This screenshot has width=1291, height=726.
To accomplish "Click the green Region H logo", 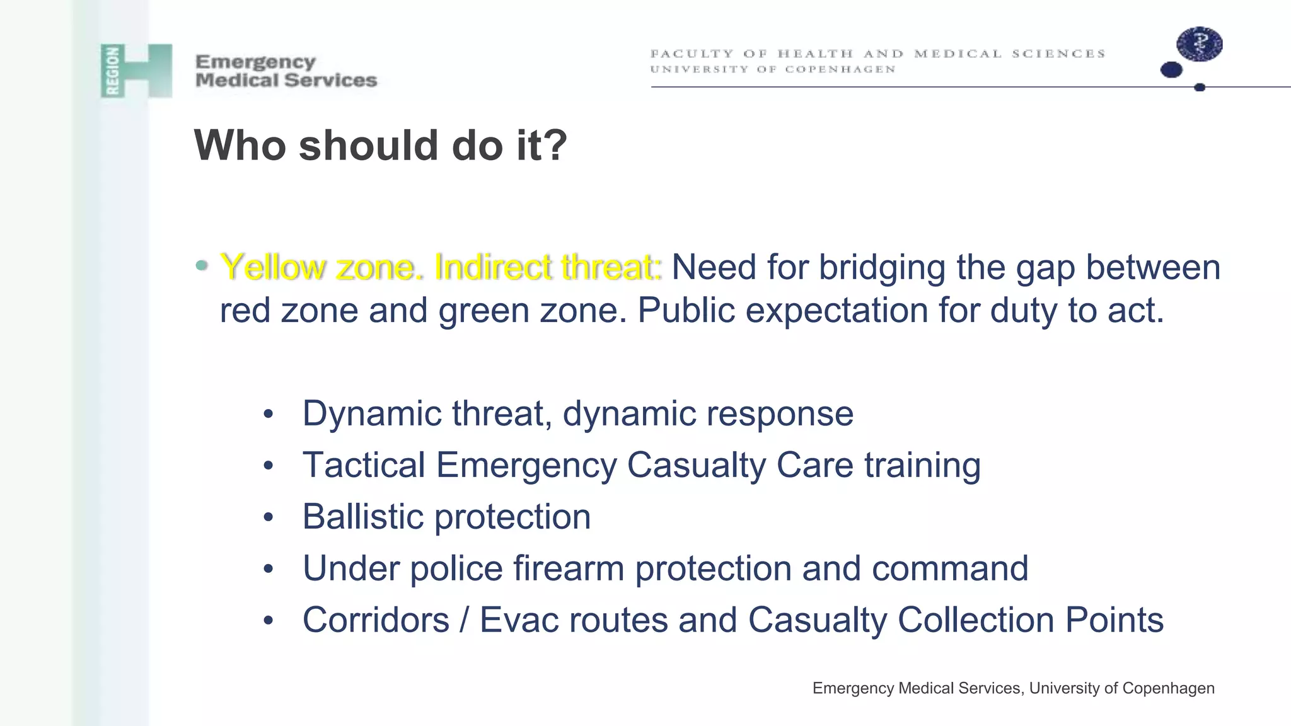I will point(136,71).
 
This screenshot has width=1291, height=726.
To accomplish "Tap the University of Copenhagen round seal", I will point(1199,44).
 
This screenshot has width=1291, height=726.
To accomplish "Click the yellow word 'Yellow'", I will point(273,267).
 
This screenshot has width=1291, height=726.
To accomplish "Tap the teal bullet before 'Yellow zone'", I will point(201,266).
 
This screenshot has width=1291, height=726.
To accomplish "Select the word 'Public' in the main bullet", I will point(686,310).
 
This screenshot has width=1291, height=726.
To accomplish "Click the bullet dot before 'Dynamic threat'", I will point(269,415).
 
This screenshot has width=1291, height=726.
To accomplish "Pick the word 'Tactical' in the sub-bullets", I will point(364,465).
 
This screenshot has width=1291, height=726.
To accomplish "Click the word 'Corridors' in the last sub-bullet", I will point(376,620).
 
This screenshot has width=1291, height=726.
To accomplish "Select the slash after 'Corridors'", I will point(465,620).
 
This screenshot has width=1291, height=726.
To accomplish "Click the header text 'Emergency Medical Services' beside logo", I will point(286,71).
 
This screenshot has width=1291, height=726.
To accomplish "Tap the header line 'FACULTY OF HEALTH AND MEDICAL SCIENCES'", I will point(877,54).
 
